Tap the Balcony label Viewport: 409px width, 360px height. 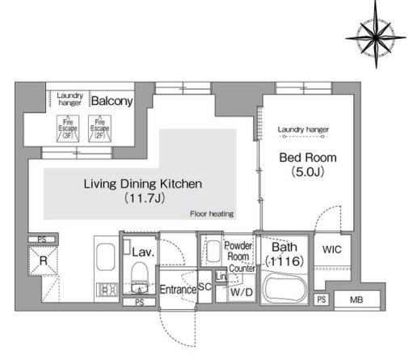[x=112, y=101]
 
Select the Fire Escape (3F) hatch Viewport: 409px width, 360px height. [x=68, y=129]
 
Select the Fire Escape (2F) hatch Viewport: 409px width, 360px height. [x=99, y=129]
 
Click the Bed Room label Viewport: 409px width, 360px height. [x=308, y=158]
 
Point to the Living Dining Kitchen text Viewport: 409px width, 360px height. [x=143, y=184]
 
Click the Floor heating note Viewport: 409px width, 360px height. [x=212, y=214]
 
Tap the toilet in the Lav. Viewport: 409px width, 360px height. [x=140, y=277]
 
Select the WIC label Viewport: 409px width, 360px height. [x=332, y=249]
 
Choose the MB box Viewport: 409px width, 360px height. [x=356, y=299]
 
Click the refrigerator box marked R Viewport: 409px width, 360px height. [x=43, y=260]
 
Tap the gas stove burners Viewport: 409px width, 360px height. [x=107, y=290]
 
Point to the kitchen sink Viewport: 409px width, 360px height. [x=106, y=257]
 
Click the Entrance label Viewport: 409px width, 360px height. [x=178, y=290]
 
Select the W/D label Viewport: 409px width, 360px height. [x=242, y=292]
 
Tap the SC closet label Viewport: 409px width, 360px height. [x=204, y=286]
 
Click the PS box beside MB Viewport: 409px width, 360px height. [x=322, y=299]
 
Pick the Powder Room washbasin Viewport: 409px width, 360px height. [x=213, y=252]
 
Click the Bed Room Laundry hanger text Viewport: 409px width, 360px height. [x=303, y=129]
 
